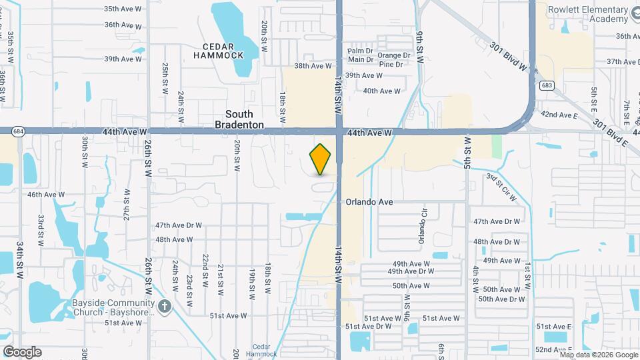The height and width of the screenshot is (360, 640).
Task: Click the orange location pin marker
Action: tap(321, 159)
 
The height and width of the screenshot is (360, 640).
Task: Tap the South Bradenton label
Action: tap(239, 119)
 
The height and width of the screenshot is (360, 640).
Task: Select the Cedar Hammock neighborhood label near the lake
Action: tap(218, 51)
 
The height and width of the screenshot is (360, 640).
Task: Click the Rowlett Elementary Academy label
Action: tap(588, 14)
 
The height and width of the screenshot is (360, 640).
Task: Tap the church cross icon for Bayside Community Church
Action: tap(165, 307)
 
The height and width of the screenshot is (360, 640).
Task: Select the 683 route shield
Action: tap(547, 85)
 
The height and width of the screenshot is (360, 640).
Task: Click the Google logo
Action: tap(21, 351)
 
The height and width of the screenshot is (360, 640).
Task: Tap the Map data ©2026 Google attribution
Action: tap(597, 354)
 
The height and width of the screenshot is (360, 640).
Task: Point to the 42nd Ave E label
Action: tap(559, 115)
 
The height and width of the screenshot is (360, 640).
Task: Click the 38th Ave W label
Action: tap(313, 66)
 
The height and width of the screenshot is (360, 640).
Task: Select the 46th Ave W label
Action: tap(46, 195)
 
